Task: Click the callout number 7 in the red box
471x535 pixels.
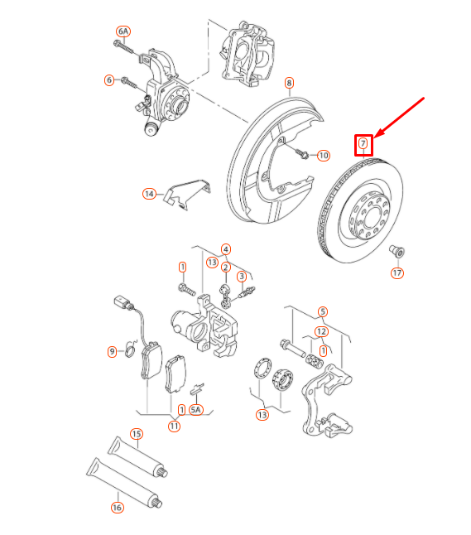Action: pos(363,145)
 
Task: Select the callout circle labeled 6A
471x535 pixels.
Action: pos(123,31)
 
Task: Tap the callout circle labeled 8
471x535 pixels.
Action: pos(289,82)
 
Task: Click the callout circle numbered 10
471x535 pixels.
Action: pos(323,155)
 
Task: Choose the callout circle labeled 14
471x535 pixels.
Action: pos(149,194)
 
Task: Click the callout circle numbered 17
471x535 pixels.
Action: pos(397,272)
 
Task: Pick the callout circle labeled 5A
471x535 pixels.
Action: pos(196,409)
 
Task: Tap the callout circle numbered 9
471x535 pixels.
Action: pos(113,351)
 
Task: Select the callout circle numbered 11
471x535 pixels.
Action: pos(175,427)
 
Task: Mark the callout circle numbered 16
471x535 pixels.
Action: pos(117,508)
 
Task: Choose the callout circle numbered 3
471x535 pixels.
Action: pos(242,276)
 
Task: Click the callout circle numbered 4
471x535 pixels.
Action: pos(225,248)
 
